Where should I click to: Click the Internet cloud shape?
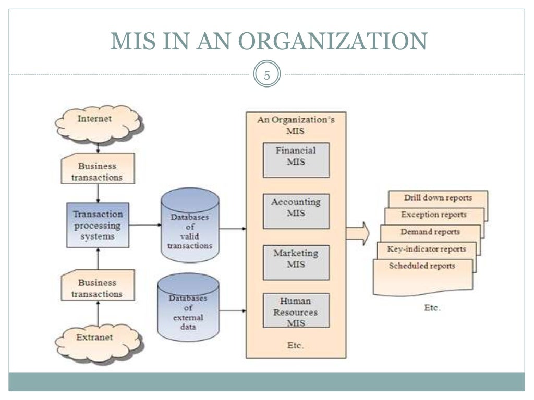pos(98,123)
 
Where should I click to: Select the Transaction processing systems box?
pos(98,225)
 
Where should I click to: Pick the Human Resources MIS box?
pos(296,310)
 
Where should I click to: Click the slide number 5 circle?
pos(267,75)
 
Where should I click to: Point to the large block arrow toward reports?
pos(358,233)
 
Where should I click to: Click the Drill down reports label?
pos(438,198)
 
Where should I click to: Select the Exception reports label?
pos(433,215)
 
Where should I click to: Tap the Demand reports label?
pos(430,232)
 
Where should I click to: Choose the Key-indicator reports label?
pos(426,249)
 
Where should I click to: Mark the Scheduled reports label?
pos(422,266)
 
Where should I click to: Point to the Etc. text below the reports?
pos(432,307)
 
